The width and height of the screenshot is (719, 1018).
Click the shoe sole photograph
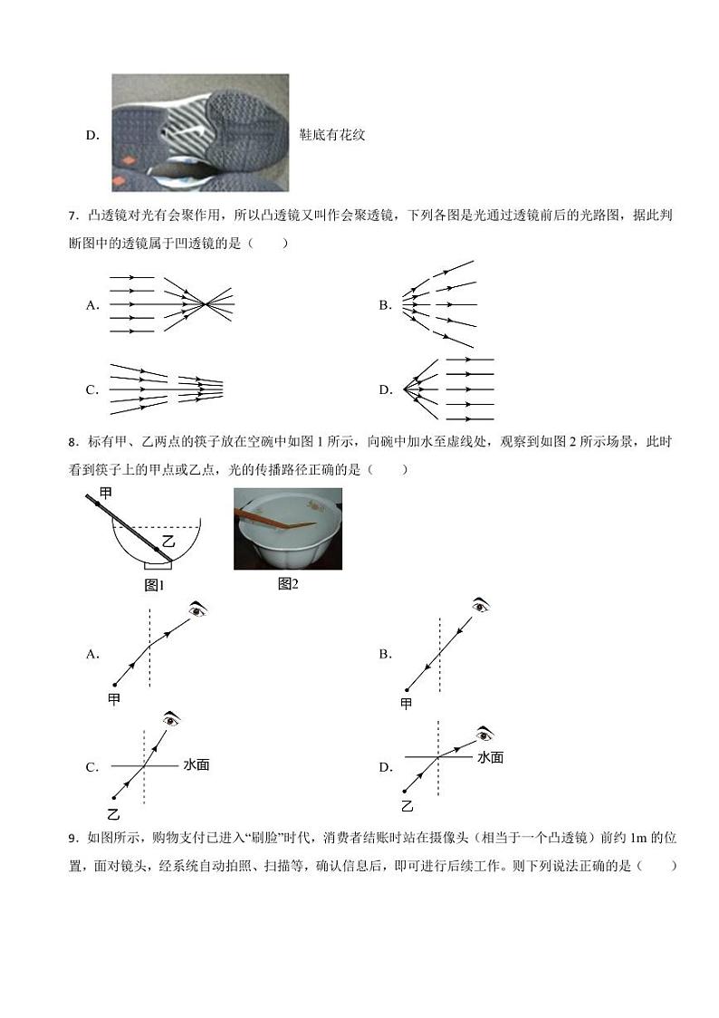200,132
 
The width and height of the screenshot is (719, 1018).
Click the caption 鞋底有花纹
331,135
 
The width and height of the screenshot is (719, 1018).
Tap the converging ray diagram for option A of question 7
170,304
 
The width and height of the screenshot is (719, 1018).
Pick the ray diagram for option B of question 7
438,303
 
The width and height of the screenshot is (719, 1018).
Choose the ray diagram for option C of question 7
167,389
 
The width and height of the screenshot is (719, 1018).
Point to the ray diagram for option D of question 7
447,389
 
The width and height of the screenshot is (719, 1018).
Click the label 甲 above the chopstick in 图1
106,493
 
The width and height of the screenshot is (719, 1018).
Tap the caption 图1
154,585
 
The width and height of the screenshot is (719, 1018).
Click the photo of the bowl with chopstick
288,529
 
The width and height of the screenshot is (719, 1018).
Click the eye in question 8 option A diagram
198,610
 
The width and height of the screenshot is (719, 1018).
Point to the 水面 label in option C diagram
197,764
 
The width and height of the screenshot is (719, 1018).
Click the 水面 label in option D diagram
490,757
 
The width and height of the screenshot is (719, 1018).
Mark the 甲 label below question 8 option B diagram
406,704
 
